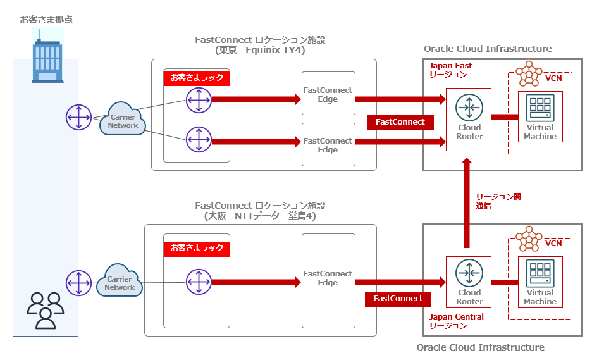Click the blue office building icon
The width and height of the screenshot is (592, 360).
(x=47, y=61)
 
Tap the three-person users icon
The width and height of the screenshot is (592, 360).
(x=46, y=309)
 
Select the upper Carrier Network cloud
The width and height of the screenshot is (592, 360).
(x=123, y=120)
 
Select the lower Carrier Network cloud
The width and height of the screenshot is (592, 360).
(x=120, y=282)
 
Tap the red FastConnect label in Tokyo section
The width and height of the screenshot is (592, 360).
(x=400, y=122)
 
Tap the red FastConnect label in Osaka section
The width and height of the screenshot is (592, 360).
(x=398, y=298)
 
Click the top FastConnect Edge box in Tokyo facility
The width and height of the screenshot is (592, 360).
(x=328, y=94)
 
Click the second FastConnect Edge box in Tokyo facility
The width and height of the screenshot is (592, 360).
(x=328, y=145)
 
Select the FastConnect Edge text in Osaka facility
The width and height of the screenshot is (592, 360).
(x=328, y=278)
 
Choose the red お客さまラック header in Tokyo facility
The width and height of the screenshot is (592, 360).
(x=197, y=78)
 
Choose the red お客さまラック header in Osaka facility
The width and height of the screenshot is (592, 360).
(x=197, y=248)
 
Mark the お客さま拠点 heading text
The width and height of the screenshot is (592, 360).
(x=46, y=20)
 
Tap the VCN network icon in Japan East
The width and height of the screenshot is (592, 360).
(x=529, y=75)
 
